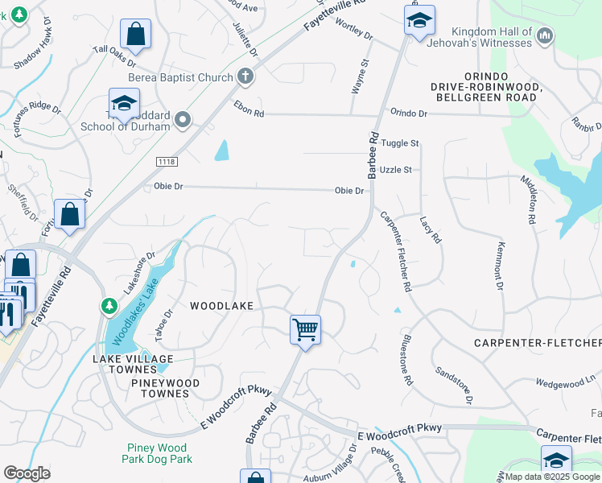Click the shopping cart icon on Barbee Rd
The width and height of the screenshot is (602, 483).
point(305,329)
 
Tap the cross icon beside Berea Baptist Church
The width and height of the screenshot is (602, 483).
point(245,78)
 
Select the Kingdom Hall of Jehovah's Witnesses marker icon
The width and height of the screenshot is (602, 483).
point(545,35)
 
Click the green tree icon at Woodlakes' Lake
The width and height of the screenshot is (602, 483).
point(109,307)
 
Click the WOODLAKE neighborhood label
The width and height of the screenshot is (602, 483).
point(221,306)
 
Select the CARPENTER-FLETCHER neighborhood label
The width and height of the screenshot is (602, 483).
point(537,344)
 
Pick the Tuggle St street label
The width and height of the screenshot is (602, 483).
point(400,143)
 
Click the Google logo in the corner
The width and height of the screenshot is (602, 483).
point(27,473)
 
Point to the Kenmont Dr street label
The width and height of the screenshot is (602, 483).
point(500,266)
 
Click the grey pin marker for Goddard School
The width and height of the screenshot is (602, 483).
point(183,121)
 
